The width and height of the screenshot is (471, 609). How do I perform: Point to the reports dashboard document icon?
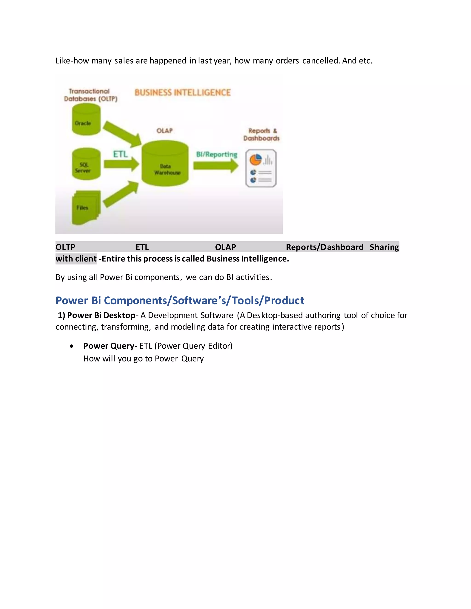pos(261,168)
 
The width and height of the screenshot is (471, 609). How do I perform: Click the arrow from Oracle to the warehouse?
pos(122,133)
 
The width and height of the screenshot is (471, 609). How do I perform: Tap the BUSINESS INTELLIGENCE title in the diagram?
pos(183,93)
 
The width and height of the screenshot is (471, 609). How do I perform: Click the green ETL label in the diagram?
pos(120,154)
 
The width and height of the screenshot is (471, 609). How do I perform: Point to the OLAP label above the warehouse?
pos(164,131)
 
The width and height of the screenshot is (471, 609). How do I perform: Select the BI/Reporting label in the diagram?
pos(216,154)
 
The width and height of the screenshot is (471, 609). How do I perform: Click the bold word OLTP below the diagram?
pos(65,247)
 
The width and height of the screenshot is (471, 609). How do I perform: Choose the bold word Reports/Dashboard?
pos(325,247)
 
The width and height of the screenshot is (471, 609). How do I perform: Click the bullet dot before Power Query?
pos(72,346)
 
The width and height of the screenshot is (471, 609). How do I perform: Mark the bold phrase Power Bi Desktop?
pos(101,315)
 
